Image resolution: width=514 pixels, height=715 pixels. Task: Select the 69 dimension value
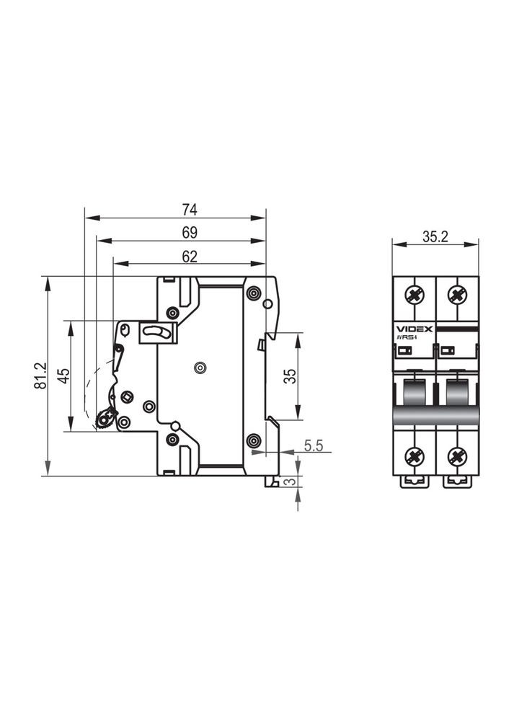(190, 233)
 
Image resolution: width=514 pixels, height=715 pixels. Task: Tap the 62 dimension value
(190, 257)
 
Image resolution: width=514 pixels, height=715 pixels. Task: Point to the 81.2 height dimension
(40, 376)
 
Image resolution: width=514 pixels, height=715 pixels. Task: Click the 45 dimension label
(63, 376)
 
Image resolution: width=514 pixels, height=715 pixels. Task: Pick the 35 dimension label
(290, 376)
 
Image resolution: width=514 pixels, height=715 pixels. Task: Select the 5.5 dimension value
(314, 445)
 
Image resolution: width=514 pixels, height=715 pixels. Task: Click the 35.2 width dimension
(435, 236)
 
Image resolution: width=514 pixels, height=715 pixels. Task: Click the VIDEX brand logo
(414, 329)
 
